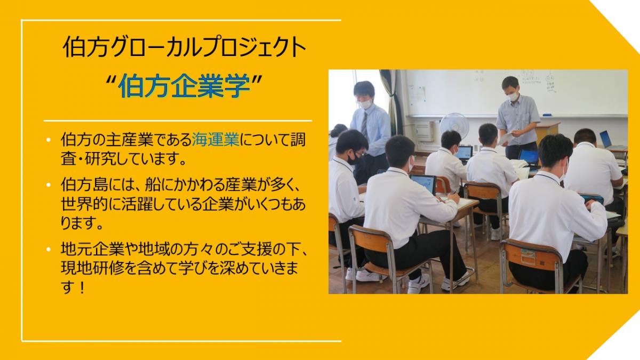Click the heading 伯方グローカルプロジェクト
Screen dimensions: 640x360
pos(185,47)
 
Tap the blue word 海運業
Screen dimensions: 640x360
pos(215,140)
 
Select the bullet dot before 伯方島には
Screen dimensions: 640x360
pos(49,185)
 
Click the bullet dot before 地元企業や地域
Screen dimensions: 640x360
pos(49,249)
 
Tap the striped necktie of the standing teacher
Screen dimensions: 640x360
pos(365,124)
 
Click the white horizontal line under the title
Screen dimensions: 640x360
pos(178,121)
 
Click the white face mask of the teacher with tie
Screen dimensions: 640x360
pos(365,103)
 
